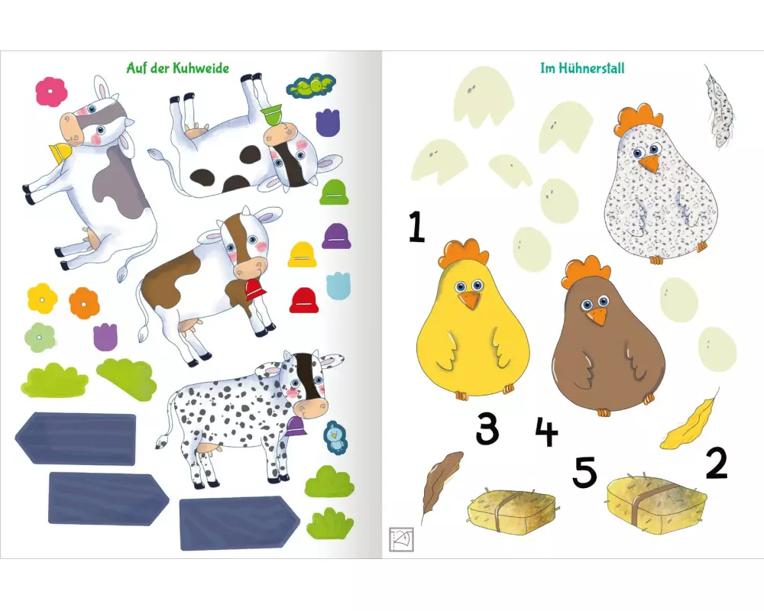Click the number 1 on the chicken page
tap(417, 226)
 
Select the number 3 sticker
tap(487, 428)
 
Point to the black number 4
tap(546, 432)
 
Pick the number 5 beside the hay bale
tap(584, 471)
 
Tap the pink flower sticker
tap(51, 92)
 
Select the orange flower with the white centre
tap(84, 303)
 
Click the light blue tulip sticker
tap(338, 286)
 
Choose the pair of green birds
tap(311, 86)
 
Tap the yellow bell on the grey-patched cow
tap(60, 152)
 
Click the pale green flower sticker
tap(40, 337)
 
